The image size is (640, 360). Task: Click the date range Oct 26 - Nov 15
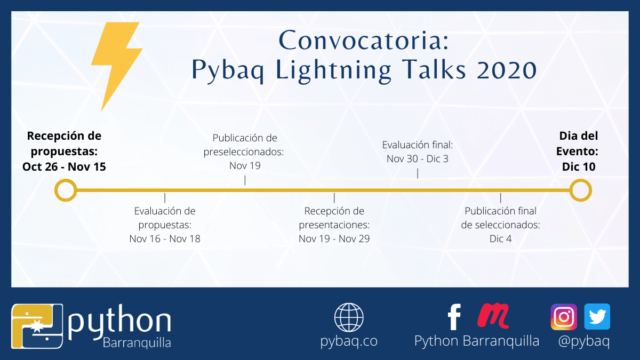[x=64, y=166]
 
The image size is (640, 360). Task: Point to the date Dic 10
[x=579, y=166]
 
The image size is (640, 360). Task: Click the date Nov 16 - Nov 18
[x=165, y=238]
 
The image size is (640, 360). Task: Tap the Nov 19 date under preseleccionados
[x=245, y=165]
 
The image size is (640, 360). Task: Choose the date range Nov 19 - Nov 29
[x=334, y=238]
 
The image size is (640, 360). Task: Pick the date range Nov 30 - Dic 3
[x=418, y=158]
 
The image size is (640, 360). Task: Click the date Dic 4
[x=501, y=238]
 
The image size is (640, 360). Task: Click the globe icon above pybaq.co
[x=349, y=317]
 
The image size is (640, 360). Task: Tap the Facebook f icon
[x=454, y=317]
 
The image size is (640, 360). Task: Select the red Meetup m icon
[x=493, y=315]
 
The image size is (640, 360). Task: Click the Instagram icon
[x=564, y=317]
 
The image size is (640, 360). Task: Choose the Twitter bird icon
[x=597, y=317]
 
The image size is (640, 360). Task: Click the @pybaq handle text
[x=584, y=341]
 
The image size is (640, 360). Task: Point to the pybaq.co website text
[x=349, y=341]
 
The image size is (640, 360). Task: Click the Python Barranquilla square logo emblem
[x=37, y=326]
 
